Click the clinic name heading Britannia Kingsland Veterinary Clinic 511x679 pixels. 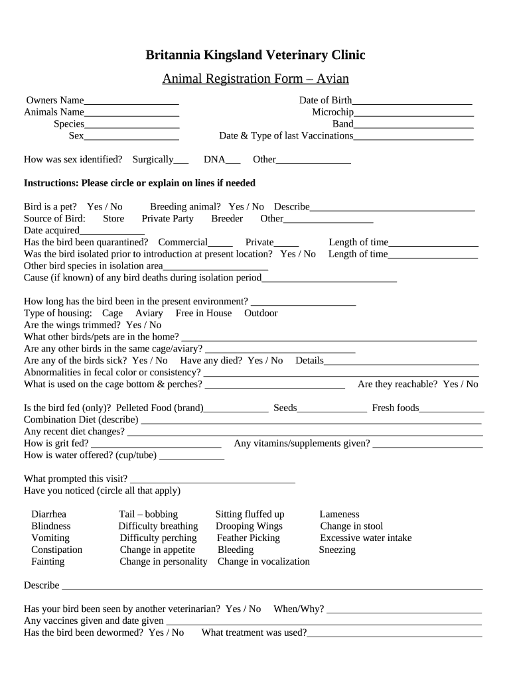256,55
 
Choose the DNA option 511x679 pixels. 214,160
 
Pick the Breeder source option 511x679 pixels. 227,219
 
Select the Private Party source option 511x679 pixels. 168,219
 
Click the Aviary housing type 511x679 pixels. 149,314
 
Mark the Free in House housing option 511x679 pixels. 204,314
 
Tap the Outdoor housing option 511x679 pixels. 261,314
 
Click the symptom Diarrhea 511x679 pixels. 48,515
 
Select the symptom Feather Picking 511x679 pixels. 248,538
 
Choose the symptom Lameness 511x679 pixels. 339,515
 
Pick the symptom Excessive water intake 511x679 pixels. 366,538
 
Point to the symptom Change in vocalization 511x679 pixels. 263,562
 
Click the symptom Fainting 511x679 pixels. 48,562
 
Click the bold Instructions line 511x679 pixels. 139,184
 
